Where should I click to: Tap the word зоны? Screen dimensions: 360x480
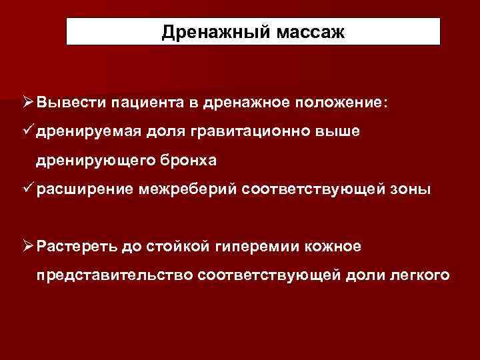(412, 190)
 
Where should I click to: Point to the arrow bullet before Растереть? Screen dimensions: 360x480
(27, 246)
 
